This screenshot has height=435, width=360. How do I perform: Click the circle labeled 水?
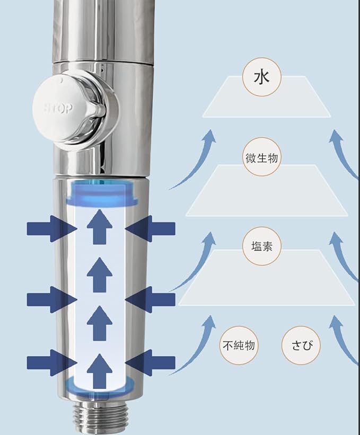(262, 77)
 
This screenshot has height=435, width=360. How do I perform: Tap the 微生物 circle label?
(262, 157)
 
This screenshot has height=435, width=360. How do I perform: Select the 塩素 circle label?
(262, 246)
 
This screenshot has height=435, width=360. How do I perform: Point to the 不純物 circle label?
(239, 345)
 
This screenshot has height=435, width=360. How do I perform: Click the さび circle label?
(301, 345)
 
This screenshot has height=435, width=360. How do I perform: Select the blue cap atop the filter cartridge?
(102, 193)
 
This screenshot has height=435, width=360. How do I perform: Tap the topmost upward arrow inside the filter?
(99, 227)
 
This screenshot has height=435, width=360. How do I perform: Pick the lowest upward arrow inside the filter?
(99, 371)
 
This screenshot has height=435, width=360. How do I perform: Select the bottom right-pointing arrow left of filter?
(52, 362)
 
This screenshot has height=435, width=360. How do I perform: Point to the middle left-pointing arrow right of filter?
(150, 299)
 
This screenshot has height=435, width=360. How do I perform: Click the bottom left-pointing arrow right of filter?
(150, 362)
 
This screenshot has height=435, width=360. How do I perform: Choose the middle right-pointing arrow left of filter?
(52, 299)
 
